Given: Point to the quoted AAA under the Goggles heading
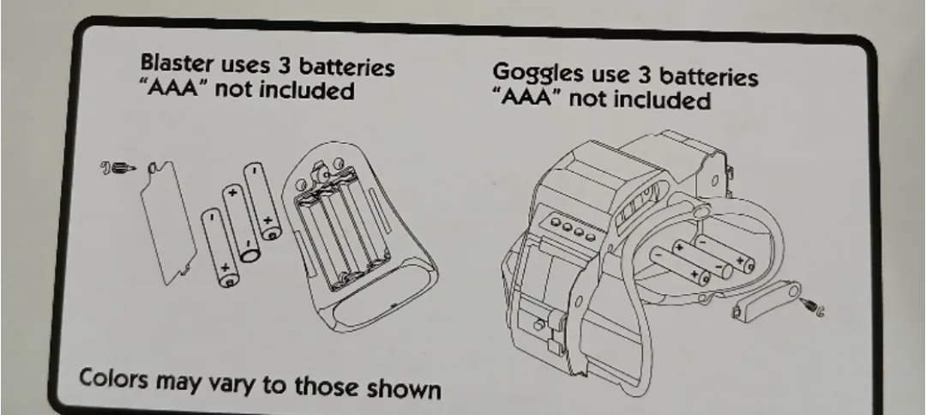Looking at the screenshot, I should tap(527, 97).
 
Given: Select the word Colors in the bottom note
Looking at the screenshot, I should tap(113, 378).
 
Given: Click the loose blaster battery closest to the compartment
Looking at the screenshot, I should tap(262, 201).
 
